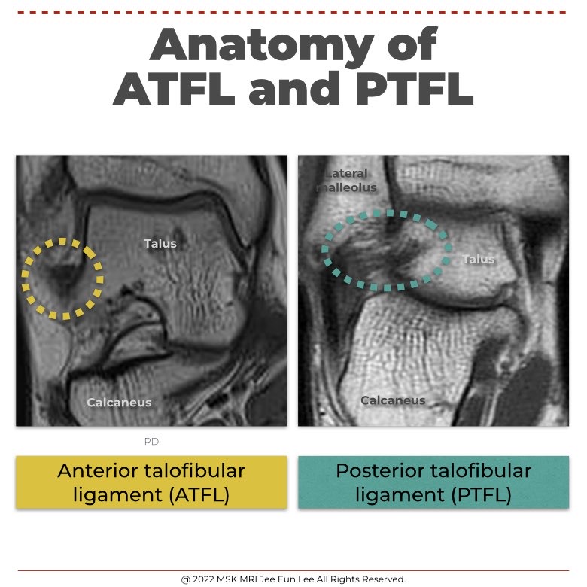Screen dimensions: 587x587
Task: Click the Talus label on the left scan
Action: [x=160, y=243]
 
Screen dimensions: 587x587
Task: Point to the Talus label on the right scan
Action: [x=479, y=259]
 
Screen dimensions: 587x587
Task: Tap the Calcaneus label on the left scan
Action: [x=119, y=403]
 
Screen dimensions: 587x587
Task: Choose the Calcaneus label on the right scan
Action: [x=393, y=400]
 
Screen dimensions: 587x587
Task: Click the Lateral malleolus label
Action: [x=346, y=181]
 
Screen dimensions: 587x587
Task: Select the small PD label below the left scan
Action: [x=151, y=442]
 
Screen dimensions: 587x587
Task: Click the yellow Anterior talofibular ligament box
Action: [x=151, y=482]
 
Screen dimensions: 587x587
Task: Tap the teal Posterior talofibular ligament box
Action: [x=433, y=482]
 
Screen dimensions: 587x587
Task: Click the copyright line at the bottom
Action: [x=293, y=579]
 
